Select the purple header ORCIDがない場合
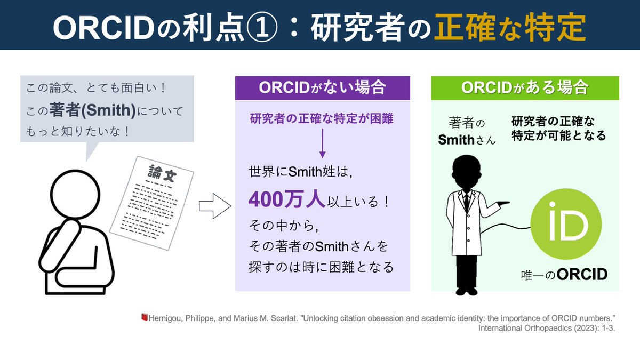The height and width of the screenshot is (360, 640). pyautogui.click(x=322, y=87)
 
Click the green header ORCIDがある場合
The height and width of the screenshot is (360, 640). pyautogui.click(x=525, y=87)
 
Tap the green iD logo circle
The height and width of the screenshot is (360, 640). pyautogui.click(x=566, y=225)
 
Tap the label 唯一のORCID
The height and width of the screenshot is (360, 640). pyautogui.click(x=564, y=275)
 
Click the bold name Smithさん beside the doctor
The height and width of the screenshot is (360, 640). pyautogui.click(x=467, y=140)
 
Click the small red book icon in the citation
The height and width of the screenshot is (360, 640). pyautogui.click(x=143, y=318)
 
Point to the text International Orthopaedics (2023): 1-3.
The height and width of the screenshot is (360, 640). pyautogui.click(x=547, y=329)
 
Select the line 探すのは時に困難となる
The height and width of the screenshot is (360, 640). pyautogui.click(x=321, y=267)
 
